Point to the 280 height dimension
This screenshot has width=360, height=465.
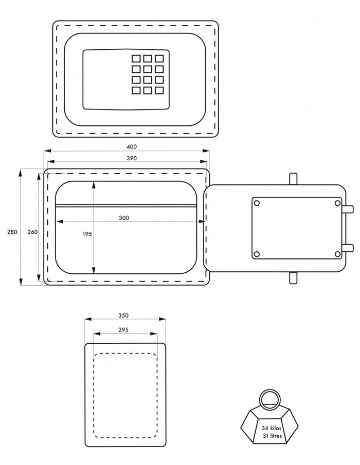[12, 232]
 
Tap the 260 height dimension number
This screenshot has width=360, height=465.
[32, 232]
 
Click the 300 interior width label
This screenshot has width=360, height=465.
[123, 218]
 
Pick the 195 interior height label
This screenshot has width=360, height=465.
[87, 234]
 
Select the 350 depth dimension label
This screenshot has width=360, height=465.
[123, 315]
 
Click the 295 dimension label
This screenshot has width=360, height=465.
[123, 330]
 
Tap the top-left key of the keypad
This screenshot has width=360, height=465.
[136, 59]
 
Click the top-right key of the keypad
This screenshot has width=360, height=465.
[159, 59]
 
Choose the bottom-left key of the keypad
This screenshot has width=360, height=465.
[136, 90]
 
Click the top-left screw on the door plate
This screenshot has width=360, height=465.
[257, 203]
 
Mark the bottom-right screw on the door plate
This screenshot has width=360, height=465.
[337, 254]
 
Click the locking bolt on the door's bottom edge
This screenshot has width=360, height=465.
[293, 277]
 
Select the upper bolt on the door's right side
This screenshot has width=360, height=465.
[349, 209]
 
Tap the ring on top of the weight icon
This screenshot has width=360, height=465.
[269, 399]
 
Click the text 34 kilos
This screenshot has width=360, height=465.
[271, 427]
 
